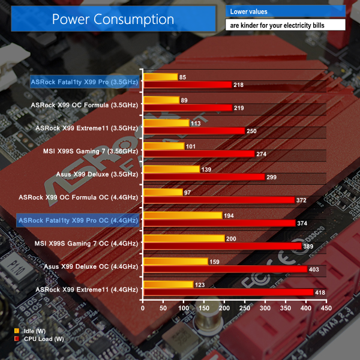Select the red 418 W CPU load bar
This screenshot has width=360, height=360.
[228, 292]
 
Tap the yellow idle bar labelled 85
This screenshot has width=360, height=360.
[160, 77]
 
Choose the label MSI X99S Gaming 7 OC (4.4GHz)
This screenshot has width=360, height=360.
[89, 243]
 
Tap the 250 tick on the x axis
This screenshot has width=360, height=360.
[245, 308]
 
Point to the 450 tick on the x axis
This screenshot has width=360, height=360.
[326, 308]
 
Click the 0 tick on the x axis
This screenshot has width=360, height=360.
[143, 308]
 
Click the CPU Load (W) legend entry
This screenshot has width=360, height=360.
[39, 339]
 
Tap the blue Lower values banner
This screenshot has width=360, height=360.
[285, 11]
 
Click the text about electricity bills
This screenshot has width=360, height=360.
[285, 25]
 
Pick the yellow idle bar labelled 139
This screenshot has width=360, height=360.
[171, 169]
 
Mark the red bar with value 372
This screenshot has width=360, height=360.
[218, 200]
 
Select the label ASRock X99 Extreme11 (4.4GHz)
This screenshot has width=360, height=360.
[87, 289]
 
